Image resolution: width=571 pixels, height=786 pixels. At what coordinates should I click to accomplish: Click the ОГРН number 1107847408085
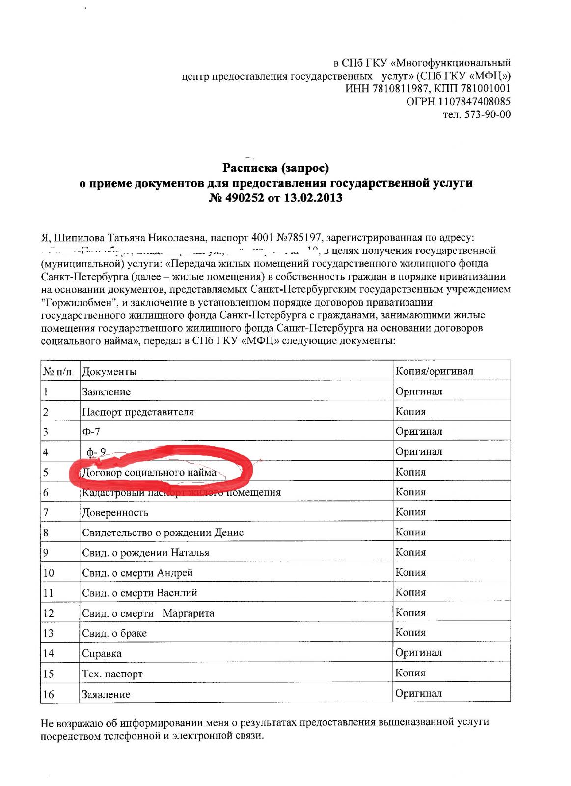tap(471, 102)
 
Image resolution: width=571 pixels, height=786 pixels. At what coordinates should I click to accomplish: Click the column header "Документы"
tap(109, 372)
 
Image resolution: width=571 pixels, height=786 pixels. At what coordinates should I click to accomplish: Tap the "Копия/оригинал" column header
tap(435, 371)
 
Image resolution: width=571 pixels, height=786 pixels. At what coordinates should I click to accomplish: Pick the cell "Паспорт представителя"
tap(138, 412)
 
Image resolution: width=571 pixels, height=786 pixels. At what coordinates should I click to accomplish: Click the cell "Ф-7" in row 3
tap(91, 432)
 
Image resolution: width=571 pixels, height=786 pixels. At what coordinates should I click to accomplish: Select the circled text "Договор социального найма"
tap(149, 473)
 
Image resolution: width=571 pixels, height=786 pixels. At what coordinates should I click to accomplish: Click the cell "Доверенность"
tap(115, 513)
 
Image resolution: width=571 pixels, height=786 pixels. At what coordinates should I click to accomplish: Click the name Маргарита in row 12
tap(189, 614)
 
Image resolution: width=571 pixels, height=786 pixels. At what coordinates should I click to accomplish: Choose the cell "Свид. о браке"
tap(114, 634)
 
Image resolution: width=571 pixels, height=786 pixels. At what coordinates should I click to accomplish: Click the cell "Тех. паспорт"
tap(112, 674)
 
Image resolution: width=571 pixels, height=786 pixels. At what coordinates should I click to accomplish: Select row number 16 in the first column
tap(49, 695)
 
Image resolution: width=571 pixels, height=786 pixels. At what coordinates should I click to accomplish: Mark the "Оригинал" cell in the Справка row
tap(419, 653)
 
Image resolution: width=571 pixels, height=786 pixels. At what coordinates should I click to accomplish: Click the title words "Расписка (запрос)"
tap(275, 168)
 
